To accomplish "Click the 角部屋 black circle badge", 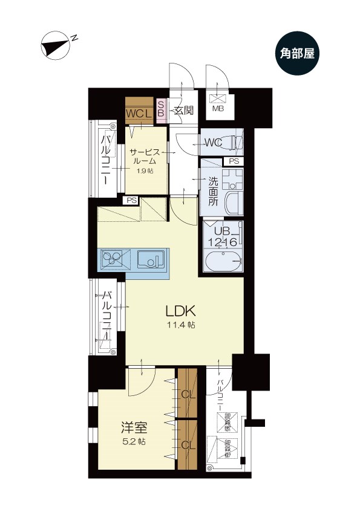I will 298,54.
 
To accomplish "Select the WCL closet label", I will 139,113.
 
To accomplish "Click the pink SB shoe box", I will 161,111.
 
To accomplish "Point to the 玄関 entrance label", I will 183,110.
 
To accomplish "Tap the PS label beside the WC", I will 234,161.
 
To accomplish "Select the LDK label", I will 180,311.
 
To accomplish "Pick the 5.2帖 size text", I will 131,441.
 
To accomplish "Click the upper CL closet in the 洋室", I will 188,394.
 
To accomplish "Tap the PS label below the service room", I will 131,201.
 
